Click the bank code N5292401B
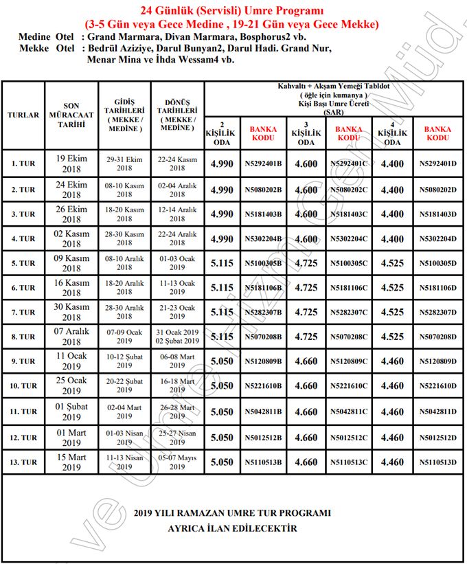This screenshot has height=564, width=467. click(263, 164)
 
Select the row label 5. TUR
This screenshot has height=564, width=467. click(23, 263)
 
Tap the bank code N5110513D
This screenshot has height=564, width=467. click(437, 462)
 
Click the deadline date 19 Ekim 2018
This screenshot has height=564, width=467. click(72, 164)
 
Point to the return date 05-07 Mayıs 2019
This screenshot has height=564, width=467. click(177, 462)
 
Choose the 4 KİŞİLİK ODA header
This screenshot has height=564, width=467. click(392, 133)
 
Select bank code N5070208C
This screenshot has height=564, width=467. click(349, 337)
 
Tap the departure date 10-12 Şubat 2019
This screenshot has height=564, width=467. click(124, 361)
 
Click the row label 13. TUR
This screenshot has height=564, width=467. click(23, 462)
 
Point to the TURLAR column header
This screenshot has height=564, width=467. click(23, 115)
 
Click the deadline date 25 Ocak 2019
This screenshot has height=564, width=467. click(72, 385)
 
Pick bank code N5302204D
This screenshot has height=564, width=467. click(437, 239)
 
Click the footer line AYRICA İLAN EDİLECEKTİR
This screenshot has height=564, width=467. click(233, 528)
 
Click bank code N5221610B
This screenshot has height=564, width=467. click(263, 386)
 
